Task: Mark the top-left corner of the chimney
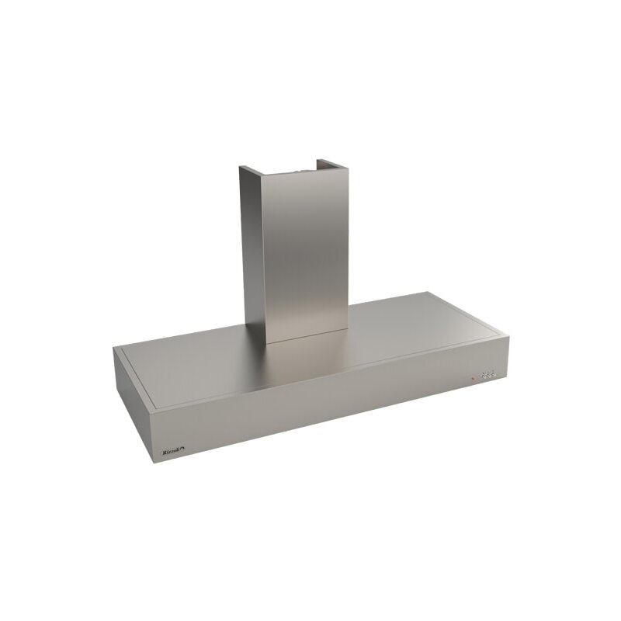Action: click(241, 168)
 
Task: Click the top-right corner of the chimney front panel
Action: click(345, 165)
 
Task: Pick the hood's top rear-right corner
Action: click(429, 293)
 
